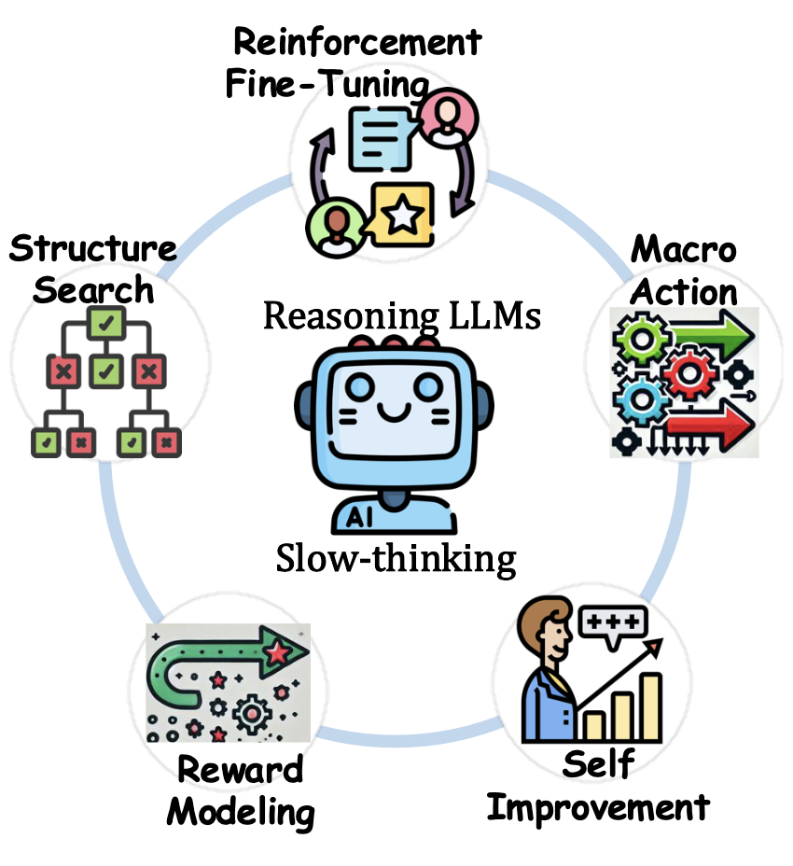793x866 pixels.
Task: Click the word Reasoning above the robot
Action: [x=347, y=317]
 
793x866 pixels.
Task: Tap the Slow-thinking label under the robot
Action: [x=396, y=559]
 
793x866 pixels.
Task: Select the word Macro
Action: [x=684, y=250]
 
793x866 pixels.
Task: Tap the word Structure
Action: [x=92, y=248]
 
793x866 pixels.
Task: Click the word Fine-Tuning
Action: [x=327, y=85]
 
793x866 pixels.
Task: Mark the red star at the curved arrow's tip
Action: [x=277, y=654]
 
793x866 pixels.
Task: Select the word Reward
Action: [x=241, y=771]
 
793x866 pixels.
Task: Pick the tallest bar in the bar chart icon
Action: [x=650, y=705]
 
